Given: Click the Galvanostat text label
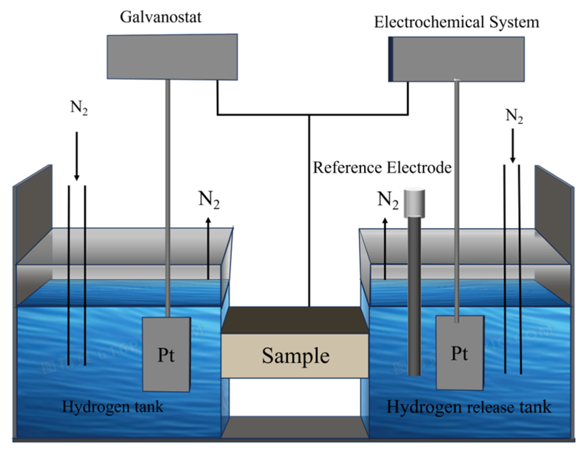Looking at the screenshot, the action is click(x=161, y=17).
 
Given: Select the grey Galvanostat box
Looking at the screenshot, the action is click(x=172, y=57).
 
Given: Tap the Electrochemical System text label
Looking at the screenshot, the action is click(x=456, y=22).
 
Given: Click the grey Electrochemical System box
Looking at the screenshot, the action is click(x=456, y=59).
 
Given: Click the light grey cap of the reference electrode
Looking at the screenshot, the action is click(x=414, y=203).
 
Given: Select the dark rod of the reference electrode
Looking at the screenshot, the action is click(x=414, y=296).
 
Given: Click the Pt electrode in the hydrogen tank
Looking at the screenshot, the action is click(x=167, y=354).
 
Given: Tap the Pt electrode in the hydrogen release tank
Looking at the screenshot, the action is click(x=460, y=353).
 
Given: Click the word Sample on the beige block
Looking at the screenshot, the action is click(x=295, y=356).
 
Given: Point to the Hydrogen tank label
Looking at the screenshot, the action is click(x=113, y=407).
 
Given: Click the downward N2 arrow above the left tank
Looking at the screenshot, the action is click(x=77, y=156).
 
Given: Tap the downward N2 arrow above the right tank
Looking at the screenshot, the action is click(x=513, y=146).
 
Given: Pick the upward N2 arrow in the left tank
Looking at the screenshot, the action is click(x=208, y=248).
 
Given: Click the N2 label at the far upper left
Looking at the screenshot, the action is click(x=79, y=108).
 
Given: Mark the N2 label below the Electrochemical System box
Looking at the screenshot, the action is click(x=514, y=116).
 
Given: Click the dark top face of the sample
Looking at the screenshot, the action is click(x=295, y=320).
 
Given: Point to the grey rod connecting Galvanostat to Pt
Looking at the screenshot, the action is click(x=168, y=198).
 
